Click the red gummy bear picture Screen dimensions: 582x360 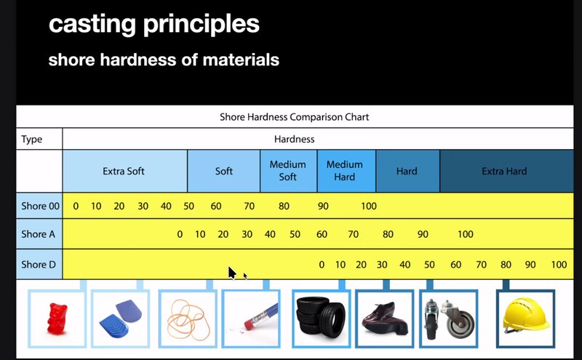click(x=57, y=319)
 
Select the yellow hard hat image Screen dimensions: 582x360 click(x=525, y=316)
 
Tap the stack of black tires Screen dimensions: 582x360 click(x=321, y=316)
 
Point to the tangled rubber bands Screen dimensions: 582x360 click(x=188, y=319)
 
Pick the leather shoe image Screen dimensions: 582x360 click(x=385, y=318)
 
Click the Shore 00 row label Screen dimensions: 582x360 click(x=40, y=206)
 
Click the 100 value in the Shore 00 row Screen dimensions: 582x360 click(x=369, y=206)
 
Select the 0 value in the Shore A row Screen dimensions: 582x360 click(x=180, y=234)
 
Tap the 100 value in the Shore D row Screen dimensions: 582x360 click(x=559, y=265)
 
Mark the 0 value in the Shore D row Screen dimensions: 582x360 click(x=322, y=265)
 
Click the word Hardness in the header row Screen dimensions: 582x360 click(x=295, y=139)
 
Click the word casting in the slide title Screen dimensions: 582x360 click(x=92, y=25)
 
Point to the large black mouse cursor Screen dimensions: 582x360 click(x=232, y=273)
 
